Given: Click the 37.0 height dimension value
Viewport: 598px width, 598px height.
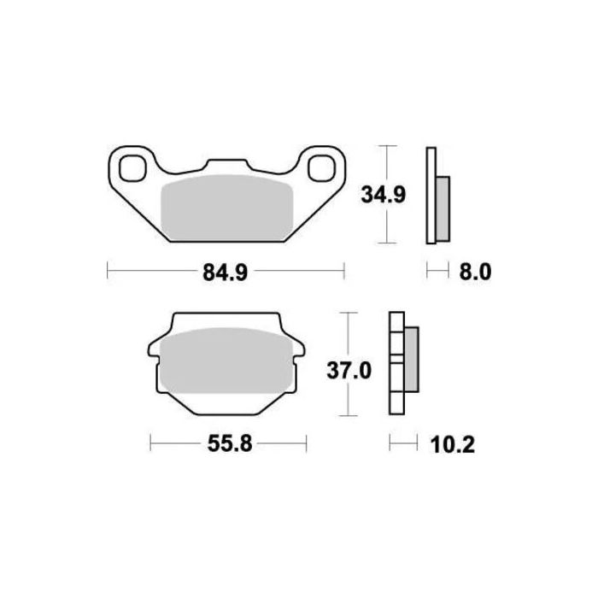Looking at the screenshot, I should pos(349,371).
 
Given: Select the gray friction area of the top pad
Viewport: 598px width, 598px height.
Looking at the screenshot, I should pos(227,210).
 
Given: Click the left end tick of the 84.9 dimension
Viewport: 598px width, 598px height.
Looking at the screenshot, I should pos(106,273).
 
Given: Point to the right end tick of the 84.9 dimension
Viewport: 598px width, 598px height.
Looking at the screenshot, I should pos(344,273).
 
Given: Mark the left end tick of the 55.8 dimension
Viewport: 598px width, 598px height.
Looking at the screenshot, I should pos(150,444).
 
